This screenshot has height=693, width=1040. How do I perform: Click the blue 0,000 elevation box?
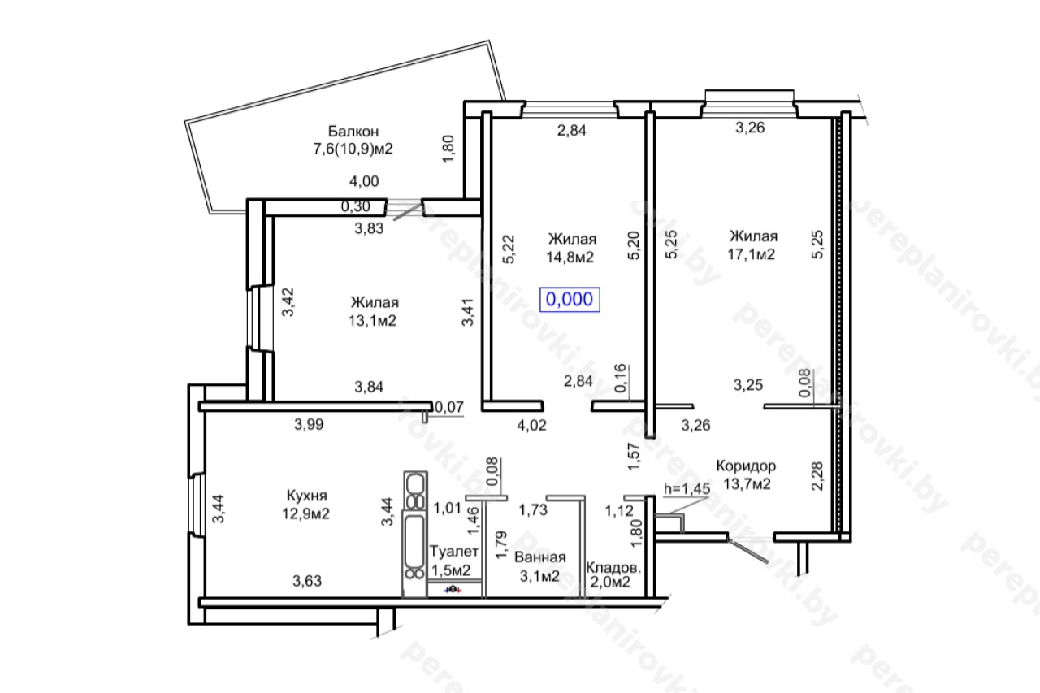[x=570, y=300]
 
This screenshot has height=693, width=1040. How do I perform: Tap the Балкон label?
[x=353, y=132]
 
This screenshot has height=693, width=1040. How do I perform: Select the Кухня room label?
[x=307, y=496]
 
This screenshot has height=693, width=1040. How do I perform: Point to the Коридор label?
[x=746, y=466]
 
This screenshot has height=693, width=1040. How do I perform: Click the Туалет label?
[x=453, y=552]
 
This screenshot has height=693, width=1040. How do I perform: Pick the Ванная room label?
[x=540, y=557]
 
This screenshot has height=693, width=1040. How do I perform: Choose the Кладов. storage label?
[x=613, y=567]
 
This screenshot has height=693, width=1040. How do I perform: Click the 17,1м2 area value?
[x=752, y=254]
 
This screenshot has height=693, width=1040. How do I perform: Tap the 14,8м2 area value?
[x=570, y=257]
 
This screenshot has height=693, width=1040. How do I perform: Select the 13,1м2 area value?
[x=372, y=321]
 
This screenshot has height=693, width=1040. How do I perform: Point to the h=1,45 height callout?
[x=687, y=488]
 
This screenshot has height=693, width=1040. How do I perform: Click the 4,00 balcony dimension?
[x=364, y=181]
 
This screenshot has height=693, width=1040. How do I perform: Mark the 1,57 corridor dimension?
[x=634, y=457]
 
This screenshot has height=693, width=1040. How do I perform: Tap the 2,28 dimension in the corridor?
[x=817, y=476]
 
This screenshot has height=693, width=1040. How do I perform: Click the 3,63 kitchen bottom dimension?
[x=307, y=581]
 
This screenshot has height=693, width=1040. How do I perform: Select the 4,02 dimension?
[x=531, y=425]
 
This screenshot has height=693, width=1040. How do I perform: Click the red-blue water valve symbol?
[x=453, y=590]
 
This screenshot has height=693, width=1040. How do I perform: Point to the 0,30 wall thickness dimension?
[x=356, y=206]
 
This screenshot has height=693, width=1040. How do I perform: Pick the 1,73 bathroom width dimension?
[x=533, y=510]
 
